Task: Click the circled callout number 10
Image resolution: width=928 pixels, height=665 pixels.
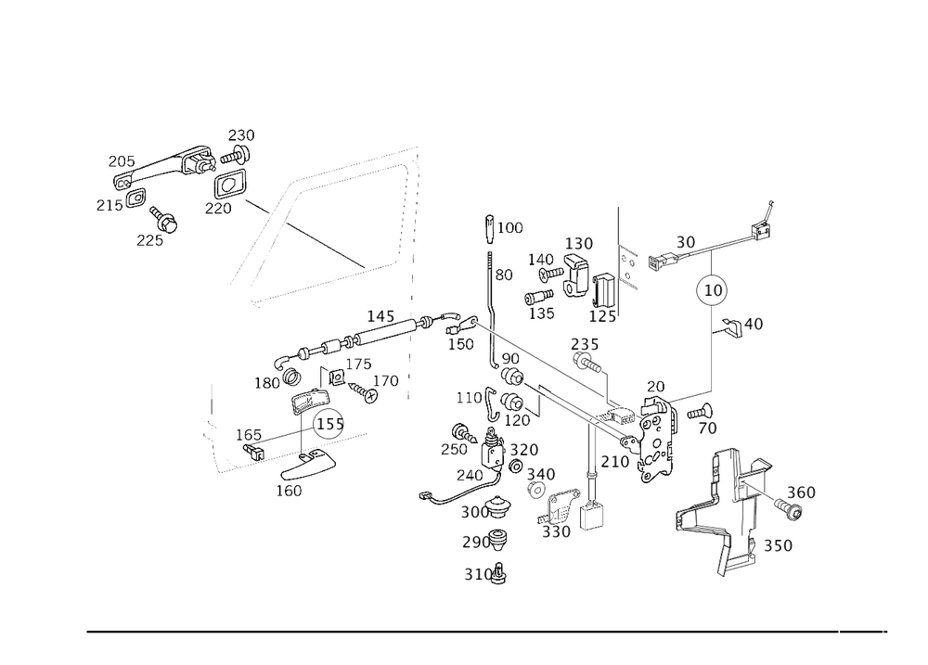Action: pyautogui.click(x=713, y=289)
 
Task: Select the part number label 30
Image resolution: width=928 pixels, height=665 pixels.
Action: pyautogui.click(x=685, y=241)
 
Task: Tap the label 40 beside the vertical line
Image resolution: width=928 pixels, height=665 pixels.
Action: pyautogui.click(x=753, y=324)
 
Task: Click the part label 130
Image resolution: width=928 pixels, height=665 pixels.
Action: pyautogui.click(x=582, y=243)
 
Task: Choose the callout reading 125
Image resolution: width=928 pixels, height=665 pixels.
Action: pyautogui.click(x=603, y=317)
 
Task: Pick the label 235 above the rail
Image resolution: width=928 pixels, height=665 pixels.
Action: pyautogui.click(x=585, y=345)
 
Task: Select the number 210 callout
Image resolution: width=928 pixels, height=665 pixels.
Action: pyautogui.click(x=614, y=461)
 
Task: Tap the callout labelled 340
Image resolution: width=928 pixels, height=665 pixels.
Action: pyautogui.click(x=541, y=474)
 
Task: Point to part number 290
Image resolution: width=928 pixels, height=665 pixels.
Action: pyautogui.click(x=474, y=542)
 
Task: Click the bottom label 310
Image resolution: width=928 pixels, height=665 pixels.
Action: pyautogui.click(x=477, y=574)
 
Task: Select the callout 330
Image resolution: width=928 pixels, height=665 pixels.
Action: pyautogui.click(x=556, y=532)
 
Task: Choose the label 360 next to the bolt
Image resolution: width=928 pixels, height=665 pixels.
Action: pyautogui.click(x=801, y=492)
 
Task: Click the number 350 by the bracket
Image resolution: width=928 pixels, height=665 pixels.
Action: pyautogui.click(x=778, y=546)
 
